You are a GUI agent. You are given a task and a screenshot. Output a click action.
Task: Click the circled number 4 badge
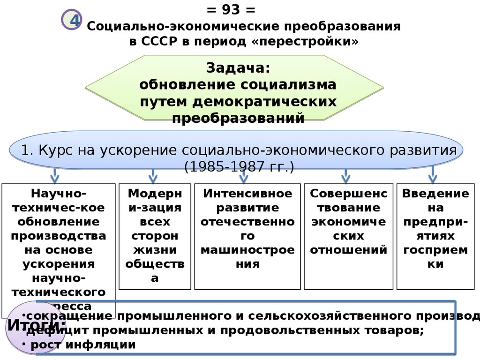pos(72,21)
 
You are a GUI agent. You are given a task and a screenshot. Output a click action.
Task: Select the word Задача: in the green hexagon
pos(238,68)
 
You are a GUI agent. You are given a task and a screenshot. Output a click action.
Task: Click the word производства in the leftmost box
pos(59,236)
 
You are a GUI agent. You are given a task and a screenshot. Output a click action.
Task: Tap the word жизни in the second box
pos(154,250)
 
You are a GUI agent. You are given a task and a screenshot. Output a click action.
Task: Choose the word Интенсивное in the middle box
pos(247,194)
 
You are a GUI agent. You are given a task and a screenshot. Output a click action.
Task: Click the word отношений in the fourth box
pos(348,250)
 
